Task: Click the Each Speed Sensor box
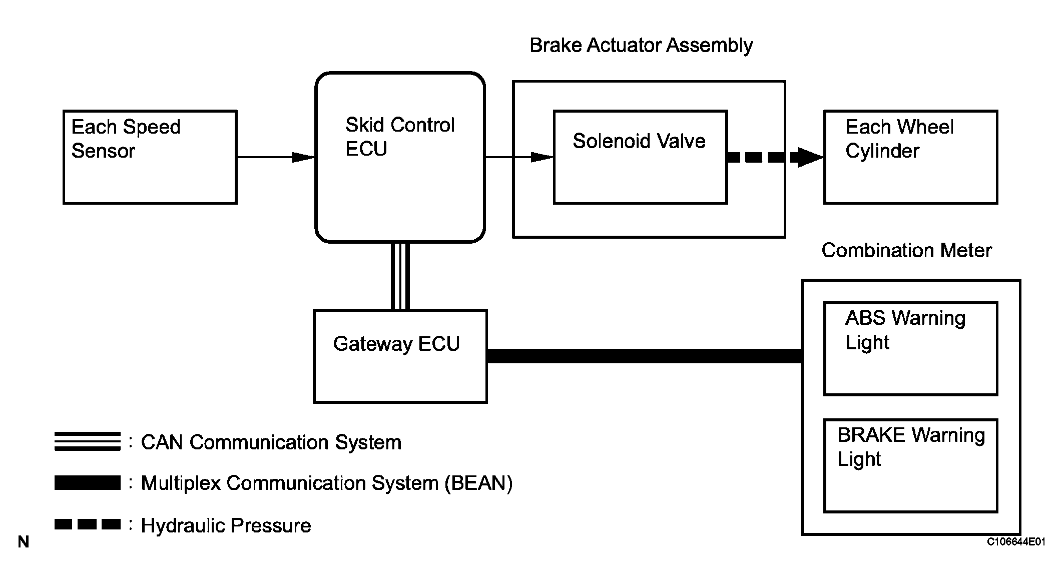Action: pos(150,157)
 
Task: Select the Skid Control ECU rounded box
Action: pos(400,157)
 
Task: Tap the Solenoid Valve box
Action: pos(640,157)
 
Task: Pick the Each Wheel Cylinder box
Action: pos(910,157)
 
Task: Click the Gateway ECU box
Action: pos(400,356)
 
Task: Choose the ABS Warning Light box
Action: pos(910,348)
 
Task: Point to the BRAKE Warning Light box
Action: pos(910,465)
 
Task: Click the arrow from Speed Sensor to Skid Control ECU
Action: pos(276,157)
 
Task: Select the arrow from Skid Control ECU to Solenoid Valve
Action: pos(519,157)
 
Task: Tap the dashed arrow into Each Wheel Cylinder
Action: pos(775,157)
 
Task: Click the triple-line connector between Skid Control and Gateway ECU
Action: pos(400,276)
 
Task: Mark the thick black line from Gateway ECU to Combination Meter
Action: pos(644,356)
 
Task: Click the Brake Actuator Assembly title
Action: pos(641,46)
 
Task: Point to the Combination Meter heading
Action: pos(906,250)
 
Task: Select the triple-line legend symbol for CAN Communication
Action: pos(88,441)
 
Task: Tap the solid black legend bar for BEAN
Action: pos(88,482)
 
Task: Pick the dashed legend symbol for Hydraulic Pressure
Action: pos(88,524)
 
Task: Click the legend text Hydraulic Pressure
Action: pos(226,525)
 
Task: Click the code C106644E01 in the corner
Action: pos(1016,542)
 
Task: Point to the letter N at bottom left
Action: pos(24,542)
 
